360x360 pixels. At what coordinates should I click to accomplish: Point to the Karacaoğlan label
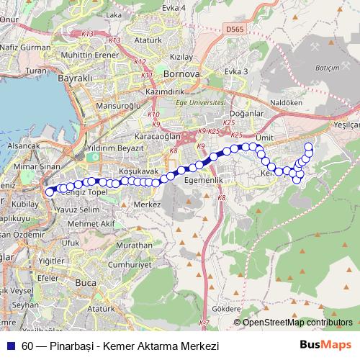158,135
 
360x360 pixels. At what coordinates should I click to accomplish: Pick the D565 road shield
234,30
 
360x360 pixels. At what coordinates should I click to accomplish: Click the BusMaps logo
327,345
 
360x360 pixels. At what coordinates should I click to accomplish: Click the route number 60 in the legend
27,346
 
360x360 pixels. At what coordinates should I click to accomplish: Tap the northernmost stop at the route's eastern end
309,147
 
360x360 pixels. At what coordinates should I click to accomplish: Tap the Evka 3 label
235,71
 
